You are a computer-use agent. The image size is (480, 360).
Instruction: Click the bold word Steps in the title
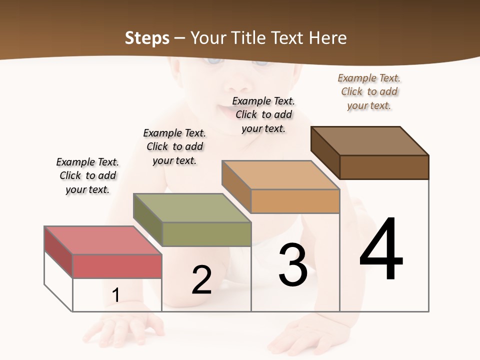[x=147, y=38]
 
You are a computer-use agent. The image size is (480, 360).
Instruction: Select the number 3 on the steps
[x=292, y=265]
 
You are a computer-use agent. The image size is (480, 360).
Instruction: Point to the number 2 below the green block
[x=201, y=280]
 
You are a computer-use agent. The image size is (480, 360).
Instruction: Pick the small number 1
[x=115, y=295]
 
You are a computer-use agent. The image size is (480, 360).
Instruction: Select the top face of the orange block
[x=280, y=175]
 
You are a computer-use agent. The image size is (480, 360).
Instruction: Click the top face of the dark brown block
[x=369, y=140]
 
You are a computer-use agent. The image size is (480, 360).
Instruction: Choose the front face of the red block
[x=117, y=266]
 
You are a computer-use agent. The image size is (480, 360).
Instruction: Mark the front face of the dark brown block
[x=384, y=167]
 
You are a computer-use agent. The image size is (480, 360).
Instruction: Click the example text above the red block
[x=87, y=175]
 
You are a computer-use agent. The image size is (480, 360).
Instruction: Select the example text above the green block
[x=174, y=146]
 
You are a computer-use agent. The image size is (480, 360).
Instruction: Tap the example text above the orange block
[x=263, y=114]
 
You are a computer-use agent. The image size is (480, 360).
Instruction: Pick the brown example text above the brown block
[x=369, y=91]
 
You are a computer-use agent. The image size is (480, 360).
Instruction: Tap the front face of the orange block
[x=295, y=201]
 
